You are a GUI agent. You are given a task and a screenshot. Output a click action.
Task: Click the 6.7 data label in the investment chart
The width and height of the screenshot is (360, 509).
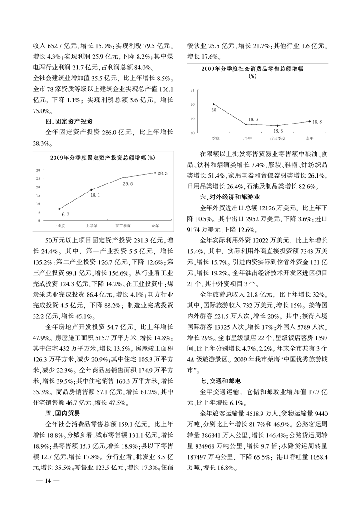pyautogui.click(x=65, y=214)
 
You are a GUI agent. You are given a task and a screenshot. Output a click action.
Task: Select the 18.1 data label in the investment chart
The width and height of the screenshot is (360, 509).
pyautogui.click(x=95, y=195)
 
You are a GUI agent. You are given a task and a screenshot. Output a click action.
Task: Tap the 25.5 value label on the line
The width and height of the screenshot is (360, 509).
pyautogui.click(x=128, y=184)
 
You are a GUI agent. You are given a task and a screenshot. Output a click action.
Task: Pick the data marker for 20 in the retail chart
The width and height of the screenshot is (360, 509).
pyautogui.click(x=213, y=104)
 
